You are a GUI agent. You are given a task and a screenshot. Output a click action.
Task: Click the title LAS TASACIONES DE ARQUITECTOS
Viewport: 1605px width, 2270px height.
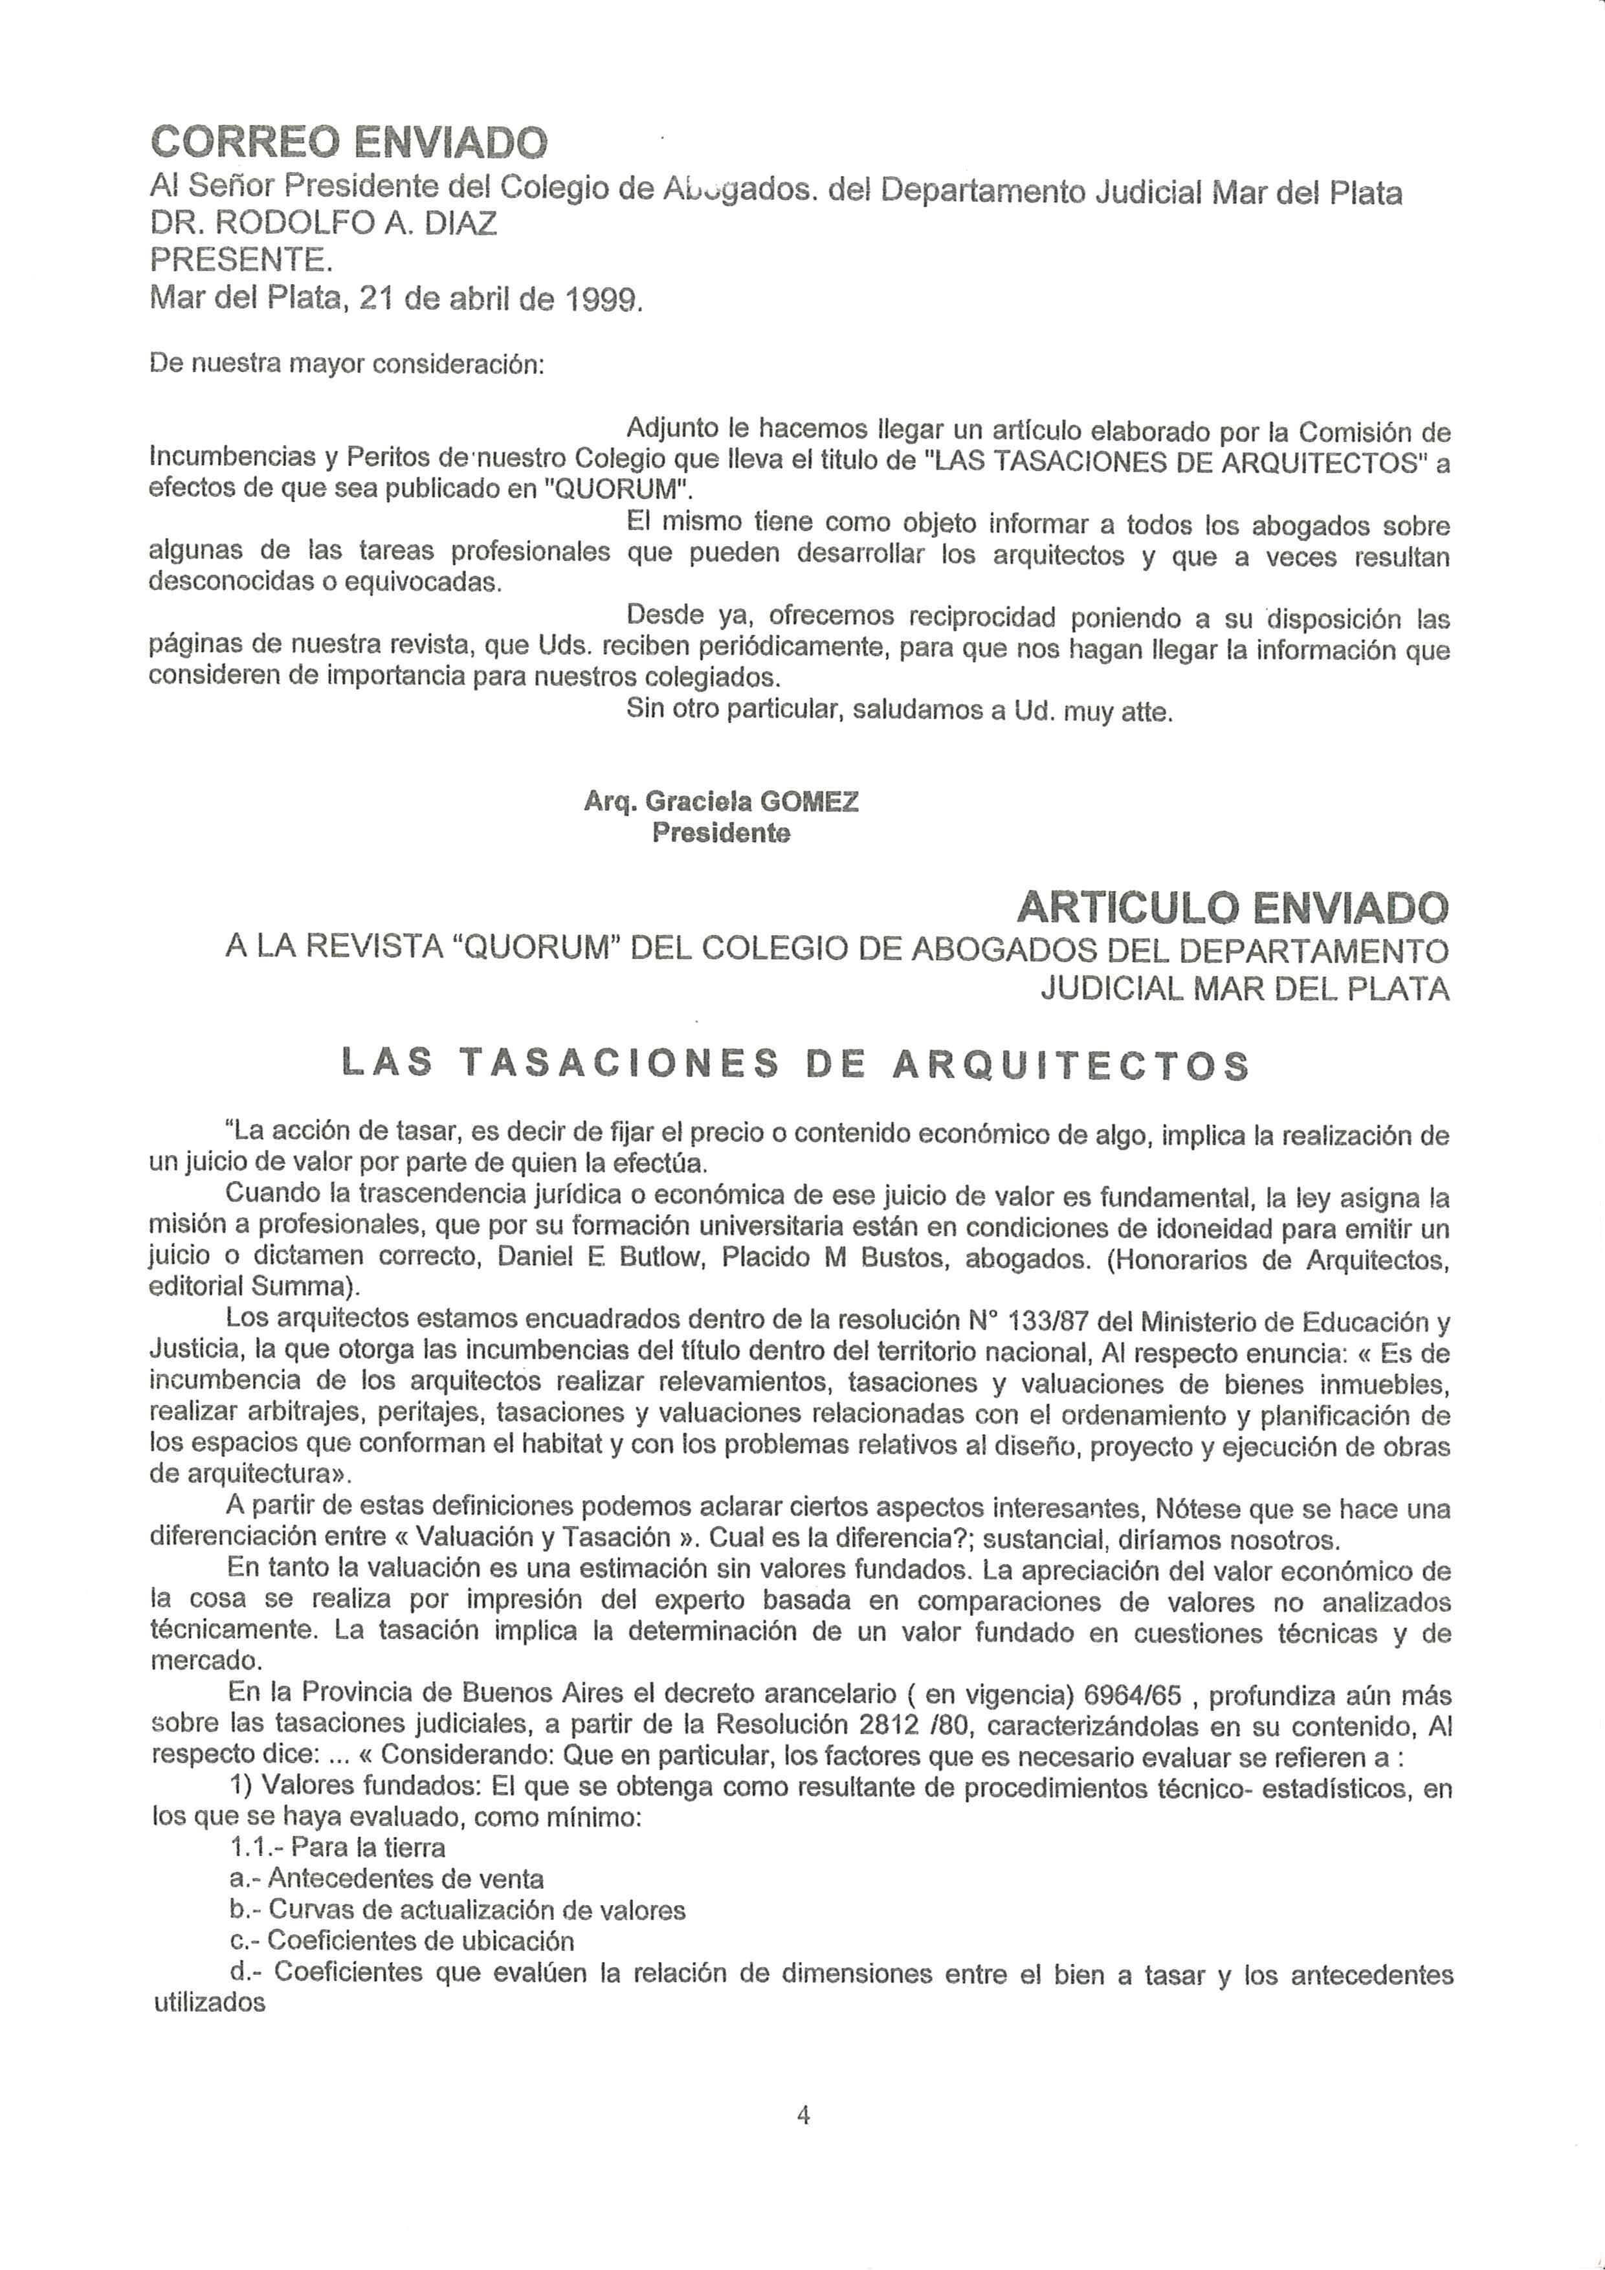coord(795,1064)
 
